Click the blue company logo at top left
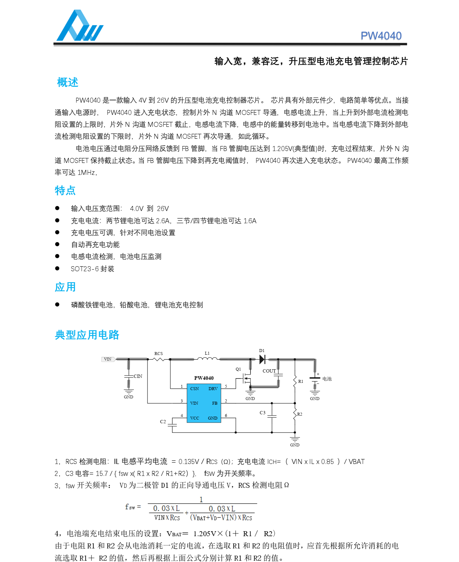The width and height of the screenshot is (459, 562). [x=80, y=26]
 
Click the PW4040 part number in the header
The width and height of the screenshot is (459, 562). [x=381, y=36]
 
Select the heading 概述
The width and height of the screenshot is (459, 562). [x=68, y=82]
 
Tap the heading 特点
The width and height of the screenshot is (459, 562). [x=65, y=190]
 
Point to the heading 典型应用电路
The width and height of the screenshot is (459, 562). [x=87, y=335]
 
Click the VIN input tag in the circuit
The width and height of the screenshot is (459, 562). [x=108, y=359]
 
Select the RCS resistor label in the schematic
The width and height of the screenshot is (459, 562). [x=158, y=353]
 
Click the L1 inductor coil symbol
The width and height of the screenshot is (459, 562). [x=207, y=358]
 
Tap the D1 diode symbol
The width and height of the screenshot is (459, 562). [x=262, y=359]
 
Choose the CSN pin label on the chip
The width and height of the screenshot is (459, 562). [x=195, y=388]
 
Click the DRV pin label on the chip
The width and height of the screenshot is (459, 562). [x=213, y=388]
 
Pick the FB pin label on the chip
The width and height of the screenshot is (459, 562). [x=215, y=403]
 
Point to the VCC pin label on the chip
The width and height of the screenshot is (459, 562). [x=195, y=418]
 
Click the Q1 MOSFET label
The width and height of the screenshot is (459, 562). [x=238, y=369]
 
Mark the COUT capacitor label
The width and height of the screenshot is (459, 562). [x=269, y=371]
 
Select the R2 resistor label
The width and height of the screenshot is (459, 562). [x=300, y=414]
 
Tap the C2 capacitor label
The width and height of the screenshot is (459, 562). [x=163, y=422]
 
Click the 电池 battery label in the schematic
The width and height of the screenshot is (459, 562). [x=327, y=379]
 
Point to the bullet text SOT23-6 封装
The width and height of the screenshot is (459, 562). [x=92, y=269]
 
